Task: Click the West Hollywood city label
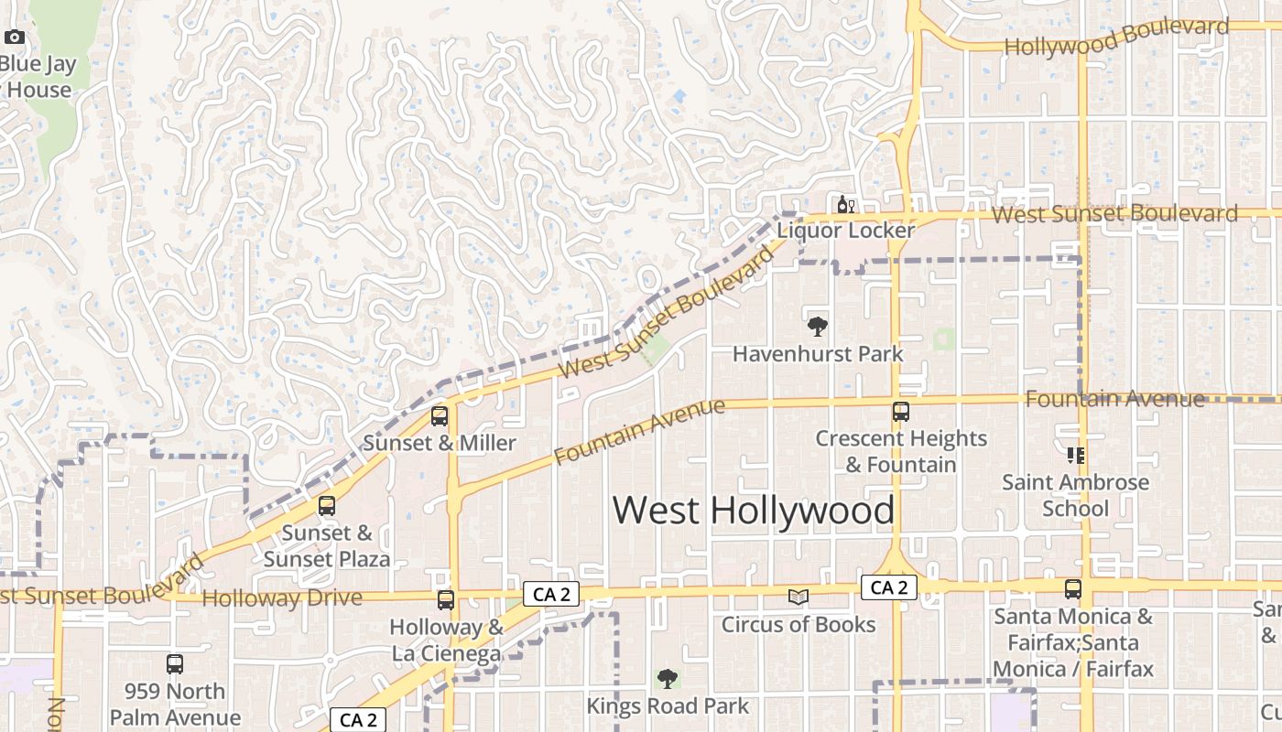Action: click(753, 510)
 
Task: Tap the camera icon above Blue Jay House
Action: click(15, 38)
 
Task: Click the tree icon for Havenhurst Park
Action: click(817, 327)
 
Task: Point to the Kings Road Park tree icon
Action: click(668, 679)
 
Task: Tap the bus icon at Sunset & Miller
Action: click(440, 416)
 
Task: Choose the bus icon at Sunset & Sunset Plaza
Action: click(327, 506)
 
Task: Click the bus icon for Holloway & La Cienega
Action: click(446, 600)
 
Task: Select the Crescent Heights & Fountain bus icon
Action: click(901, 412)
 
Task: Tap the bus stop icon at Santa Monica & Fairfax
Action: click(1073, 589)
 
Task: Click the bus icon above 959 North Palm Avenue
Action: click(175, 664)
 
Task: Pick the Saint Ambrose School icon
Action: click(1075, 455)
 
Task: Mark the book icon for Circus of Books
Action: click(799, 597)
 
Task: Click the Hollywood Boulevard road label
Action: click(1116, 37)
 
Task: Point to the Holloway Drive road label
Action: click(282, 598)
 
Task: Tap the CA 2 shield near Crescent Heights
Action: click(888, 587)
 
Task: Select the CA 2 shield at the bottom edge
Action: click(358, 720)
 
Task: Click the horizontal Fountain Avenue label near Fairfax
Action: click(1114, 399)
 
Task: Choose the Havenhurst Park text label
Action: click(818, 354)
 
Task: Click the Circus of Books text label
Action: click(799, 625)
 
